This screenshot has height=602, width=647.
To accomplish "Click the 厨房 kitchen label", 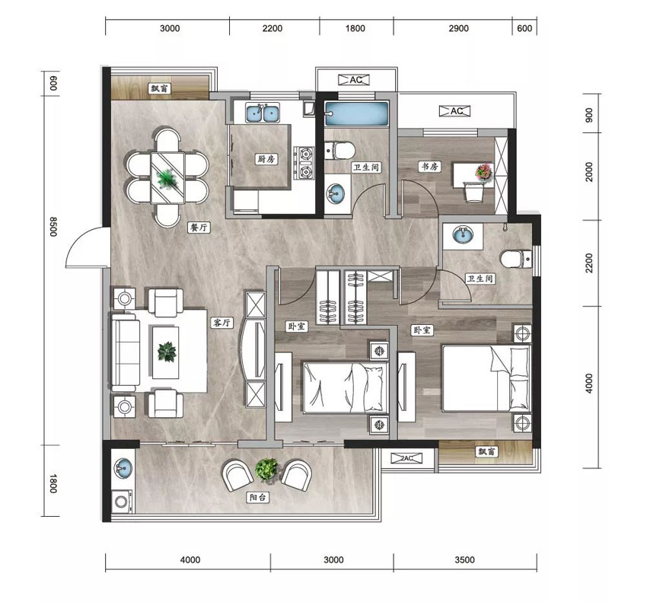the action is point(266,159).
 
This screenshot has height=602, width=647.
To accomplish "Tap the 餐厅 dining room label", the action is point(199,228).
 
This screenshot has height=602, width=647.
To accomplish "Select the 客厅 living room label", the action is point(222,323).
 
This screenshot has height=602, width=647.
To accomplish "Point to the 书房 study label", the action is point(429,167).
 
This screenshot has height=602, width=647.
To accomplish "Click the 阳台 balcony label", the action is point(258,498).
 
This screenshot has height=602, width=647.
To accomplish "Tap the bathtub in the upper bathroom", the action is point(356,113).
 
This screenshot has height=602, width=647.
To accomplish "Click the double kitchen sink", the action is point(263,113).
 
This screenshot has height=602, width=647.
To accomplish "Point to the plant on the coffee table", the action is point(167,352).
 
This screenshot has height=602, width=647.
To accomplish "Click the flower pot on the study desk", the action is point(484,172).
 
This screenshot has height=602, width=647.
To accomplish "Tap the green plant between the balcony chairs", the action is point(266,469).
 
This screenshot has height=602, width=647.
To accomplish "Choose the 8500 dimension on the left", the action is point(53,227).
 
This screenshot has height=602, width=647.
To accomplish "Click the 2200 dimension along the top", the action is point(273,28).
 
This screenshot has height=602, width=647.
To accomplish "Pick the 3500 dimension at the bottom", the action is point(464,560).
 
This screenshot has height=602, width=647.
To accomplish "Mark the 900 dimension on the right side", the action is point(589,115).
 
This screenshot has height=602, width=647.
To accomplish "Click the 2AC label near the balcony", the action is point(407,458).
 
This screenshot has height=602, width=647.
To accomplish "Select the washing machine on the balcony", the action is point(123,502).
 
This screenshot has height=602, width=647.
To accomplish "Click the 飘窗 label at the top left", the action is point(160,88).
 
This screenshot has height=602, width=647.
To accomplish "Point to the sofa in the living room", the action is point(124,352).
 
